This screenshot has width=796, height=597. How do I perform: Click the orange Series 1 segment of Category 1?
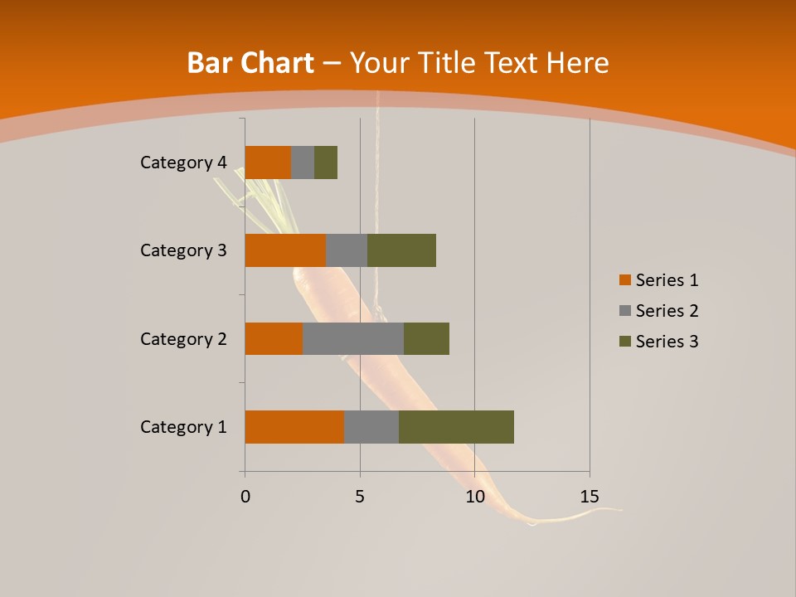coord(294,427)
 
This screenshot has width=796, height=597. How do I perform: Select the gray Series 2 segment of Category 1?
coord(371,427)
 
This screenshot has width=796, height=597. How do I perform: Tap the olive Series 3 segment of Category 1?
coord(456,427)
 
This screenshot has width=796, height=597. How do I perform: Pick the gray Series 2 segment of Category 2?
coord(353,338)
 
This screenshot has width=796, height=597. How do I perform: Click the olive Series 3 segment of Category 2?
coord(426,338)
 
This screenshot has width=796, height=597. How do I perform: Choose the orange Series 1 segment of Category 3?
coord(285,250)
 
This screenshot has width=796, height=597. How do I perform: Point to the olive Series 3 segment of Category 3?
coord(401,250)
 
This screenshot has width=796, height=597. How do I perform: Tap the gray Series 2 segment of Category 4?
coord(303,163)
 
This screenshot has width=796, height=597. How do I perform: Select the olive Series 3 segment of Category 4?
coord(326,163)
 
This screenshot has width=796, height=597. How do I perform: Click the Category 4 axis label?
coord(183,163)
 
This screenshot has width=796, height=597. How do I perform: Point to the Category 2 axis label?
coord(183,338)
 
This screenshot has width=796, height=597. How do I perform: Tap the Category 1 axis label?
coord(183,427)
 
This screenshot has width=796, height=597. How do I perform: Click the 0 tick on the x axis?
coord(245,497)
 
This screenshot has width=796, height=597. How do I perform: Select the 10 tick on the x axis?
coord(474,497)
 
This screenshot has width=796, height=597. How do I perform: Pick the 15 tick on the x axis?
coord(590,497)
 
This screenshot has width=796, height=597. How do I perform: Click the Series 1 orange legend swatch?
coord(624,280)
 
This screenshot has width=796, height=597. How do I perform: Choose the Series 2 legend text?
coord(667,311)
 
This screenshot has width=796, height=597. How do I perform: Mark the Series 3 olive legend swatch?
coord(624,342)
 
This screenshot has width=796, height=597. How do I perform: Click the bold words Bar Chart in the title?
coord(250,63)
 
